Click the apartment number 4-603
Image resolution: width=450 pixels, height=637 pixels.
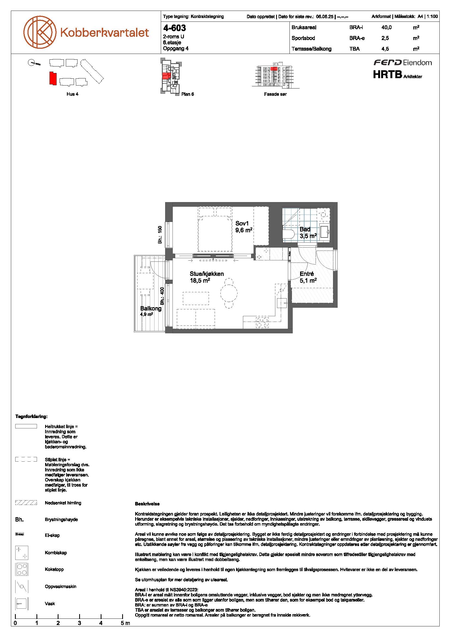click(x=174, y=28)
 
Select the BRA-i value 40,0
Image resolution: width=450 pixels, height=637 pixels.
click(x=387, y=28)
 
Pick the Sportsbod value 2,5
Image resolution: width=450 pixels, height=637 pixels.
click(x=385, y=38)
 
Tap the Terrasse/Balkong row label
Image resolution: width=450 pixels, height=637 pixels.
click(x=312, y=49)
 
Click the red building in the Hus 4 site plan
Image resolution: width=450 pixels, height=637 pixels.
click(x=53, y=78)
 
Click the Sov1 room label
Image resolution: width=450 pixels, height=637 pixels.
click(x=242, y=223)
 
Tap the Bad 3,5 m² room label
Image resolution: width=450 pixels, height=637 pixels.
click(x=308, y=233)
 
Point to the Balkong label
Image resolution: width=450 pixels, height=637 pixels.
click(x=151, y=309)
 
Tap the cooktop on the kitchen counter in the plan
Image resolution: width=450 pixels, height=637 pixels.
click(x=262, y=322)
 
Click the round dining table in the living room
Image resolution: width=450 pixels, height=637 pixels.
click(x=229, y=292)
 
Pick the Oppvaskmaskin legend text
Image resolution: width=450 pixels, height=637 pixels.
click(x=61, y=587)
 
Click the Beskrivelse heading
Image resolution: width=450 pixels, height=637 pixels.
click(x=147, y=504)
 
